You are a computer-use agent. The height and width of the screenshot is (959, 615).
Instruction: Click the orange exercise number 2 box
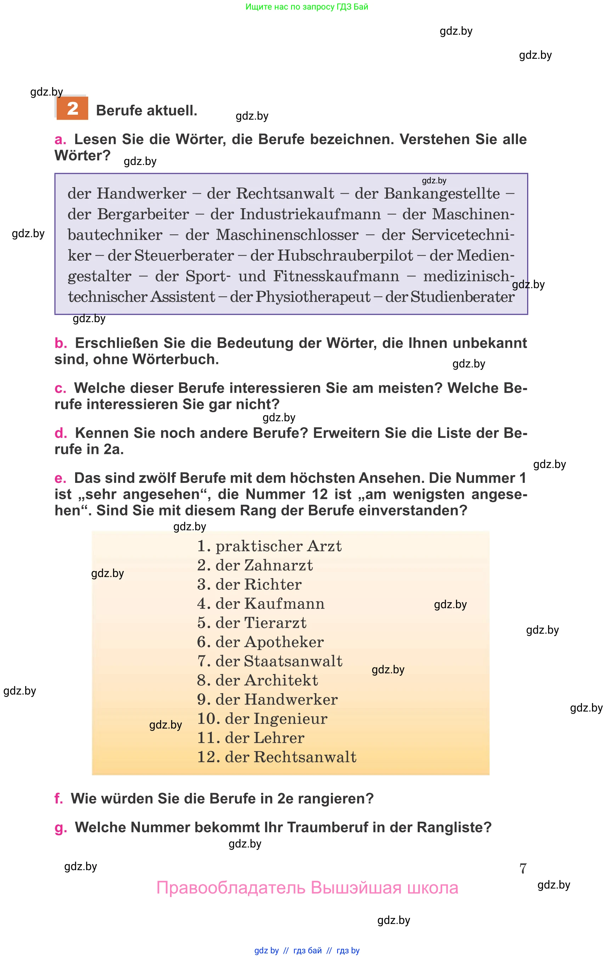click(72, 108)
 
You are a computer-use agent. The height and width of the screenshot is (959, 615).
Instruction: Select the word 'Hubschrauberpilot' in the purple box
click(345, 255)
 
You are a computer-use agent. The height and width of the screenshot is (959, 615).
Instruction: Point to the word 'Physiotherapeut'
click(313, 297)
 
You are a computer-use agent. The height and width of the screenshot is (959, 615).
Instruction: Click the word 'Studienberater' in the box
click(462, 297)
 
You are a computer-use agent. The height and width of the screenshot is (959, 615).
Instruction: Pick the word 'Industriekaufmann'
click(310, 214)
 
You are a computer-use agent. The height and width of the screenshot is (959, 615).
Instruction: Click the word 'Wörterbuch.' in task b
click(176, 359)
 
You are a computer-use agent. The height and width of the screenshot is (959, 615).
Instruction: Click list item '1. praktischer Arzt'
click(270, 546)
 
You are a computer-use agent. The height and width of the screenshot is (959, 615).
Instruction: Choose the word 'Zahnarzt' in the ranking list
click(278, 565)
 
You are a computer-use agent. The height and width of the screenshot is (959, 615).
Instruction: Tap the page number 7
click(523, 868)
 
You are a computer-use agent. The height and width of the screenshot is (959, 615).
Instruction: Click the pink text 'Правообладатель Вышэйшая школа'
click(307, 887)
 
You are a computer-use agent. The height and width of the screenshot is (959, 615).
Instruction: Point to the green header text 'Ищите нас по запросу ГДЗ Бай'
click(307, 7)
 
